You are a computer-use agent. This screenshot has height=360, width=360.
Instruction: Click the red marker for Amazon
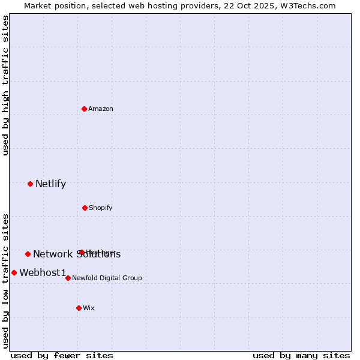[85, 109]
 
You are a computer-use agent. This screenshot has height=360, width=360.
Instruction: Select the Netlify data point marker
[31, 184]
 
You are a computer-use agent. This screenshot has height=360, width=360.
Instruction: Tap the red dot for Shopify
[85, 208]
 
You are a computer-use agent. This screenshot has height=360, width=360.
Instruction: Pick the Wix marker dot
[79, 308]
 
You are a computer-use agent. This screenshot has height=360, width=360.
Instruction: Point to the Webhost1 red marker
[14, 272]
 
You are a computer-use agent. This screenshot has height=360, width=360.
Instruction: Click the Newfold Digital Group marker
[68, 278]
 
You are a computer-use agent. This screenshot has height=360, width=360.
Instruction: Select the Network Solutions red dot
[28, 254]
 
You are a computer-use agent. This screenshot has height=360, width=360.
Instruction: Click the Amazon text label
[101, 109]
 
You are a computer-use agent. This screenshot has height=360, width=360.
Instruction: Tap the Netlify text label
[50, 184]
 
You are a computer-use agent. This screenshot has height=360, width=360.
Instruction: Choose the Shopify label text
[101, 208]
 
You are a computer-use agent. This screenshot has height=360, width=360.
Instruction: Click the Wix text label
[89, 308]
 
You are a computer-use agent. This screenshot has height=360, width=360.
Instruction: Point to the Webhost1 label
[43, 272]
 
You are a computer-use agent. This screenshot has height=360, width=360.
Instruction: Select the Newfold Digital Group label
[107, 278]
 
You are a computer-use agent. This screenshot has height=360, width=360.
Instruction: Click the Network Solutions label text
[77, 254]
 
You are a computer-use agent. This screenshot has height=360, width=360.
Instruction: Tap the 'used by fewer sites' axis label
[62, 355]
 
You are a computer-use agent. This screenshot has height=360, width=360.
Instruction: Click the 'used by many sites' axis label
[301, 355]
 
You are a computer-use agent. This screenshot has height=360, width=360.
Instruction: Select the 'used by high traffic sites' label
[5, 85]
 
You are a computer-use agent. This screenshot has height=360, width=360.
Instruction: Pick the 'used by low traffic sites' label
[5, 281]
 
